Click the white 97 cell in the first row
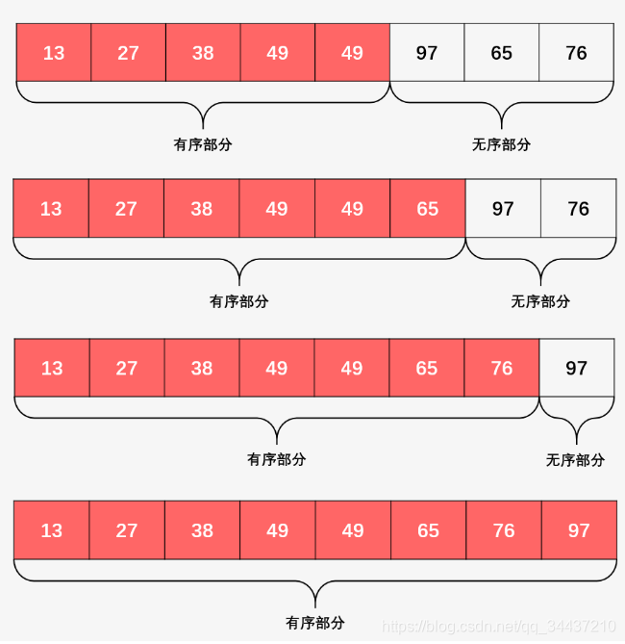pyautogui.click(x=427, y=53)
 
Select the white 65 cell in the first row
pyautogui.click(x=502, y=53)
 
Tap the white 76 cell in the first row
pyautogui.click(x=576, y=53)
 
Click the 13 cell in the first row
pyautogui.click(x=54, y=53)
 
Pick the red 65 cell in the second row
pyautogui.click(x=428, y=209)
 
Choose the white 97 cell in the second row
pyautogui.click(x=503, y=209)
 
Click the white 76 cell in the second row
pyautogui.click(x=578, y=209)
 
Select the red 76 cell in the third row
pyautogui.click(x=502, y=368)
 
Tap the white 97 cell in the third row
pyautogui.click(x=576, y=368)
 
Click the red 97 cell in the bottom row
pyautogui.click(x=578, y=530)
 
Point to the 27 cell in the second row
pyautogui.click(x=126, y=209)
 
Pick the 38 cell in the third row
pyautogui.click(x=202, y=368)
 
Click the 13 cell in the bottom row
pyautogui.click(x=52, y=530)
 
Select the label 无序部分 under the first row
pyautogui.click(x=501, y=144)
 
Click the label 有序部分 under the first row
pyautogui.click(x=203, y=144)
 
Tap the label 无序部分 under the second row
pyautogui.click(x=540, y=301)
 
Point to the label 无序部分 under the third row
pyautogui.click(x=575, y=460)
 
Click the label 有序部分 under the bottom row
pyautogui.click(x=315, y=622)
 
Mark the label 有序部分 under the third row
pyautogui.click(x=277, y=460)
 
